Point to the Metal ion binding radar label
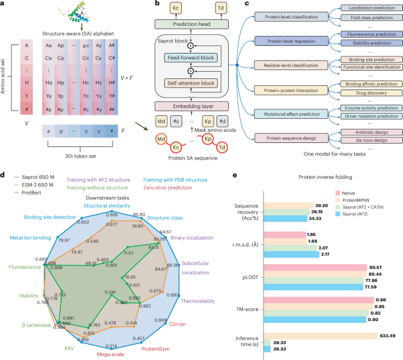(x=29, y=238)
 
